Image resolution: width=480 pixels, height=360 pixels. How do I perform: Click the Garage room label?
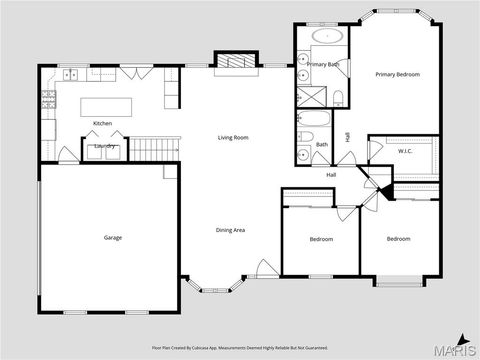pos(113,238)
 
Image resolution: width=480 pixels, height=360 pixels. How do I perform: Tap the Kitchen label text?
pos(102,123)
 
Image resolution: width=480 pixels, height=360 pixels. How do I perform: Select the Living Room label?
pos(233,137)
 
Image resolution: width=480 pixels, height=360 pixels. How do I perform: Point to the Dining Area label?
pos(231,230)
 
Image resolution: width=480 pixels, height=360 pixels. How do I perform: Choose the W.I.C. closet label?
pos(405,151)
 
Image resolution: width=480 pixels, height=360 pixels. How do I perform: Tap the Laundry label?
pos(105,147)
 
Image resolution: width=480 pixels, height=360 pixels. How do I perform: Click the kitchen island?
pos(109,104)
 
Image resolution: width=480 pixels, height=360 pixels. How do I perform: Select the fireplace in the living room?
pos(237,62)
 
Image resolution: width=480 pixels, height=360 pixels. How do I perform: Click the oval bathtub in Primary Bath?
pos(327,37)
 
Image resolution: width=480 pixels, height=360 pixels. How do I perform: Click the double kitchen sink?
pos(72,75)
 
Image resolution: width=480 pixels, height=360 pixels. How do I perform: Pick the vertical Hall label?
pos(347,137)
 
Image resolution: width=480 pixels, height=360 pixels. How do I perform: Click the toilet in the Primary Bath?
pos(340,96)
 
